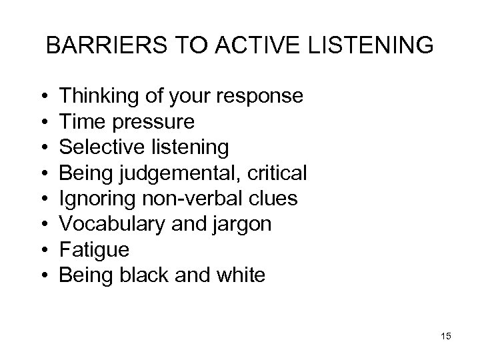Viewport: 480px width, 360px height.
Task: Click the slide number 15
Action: [446, 336]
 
